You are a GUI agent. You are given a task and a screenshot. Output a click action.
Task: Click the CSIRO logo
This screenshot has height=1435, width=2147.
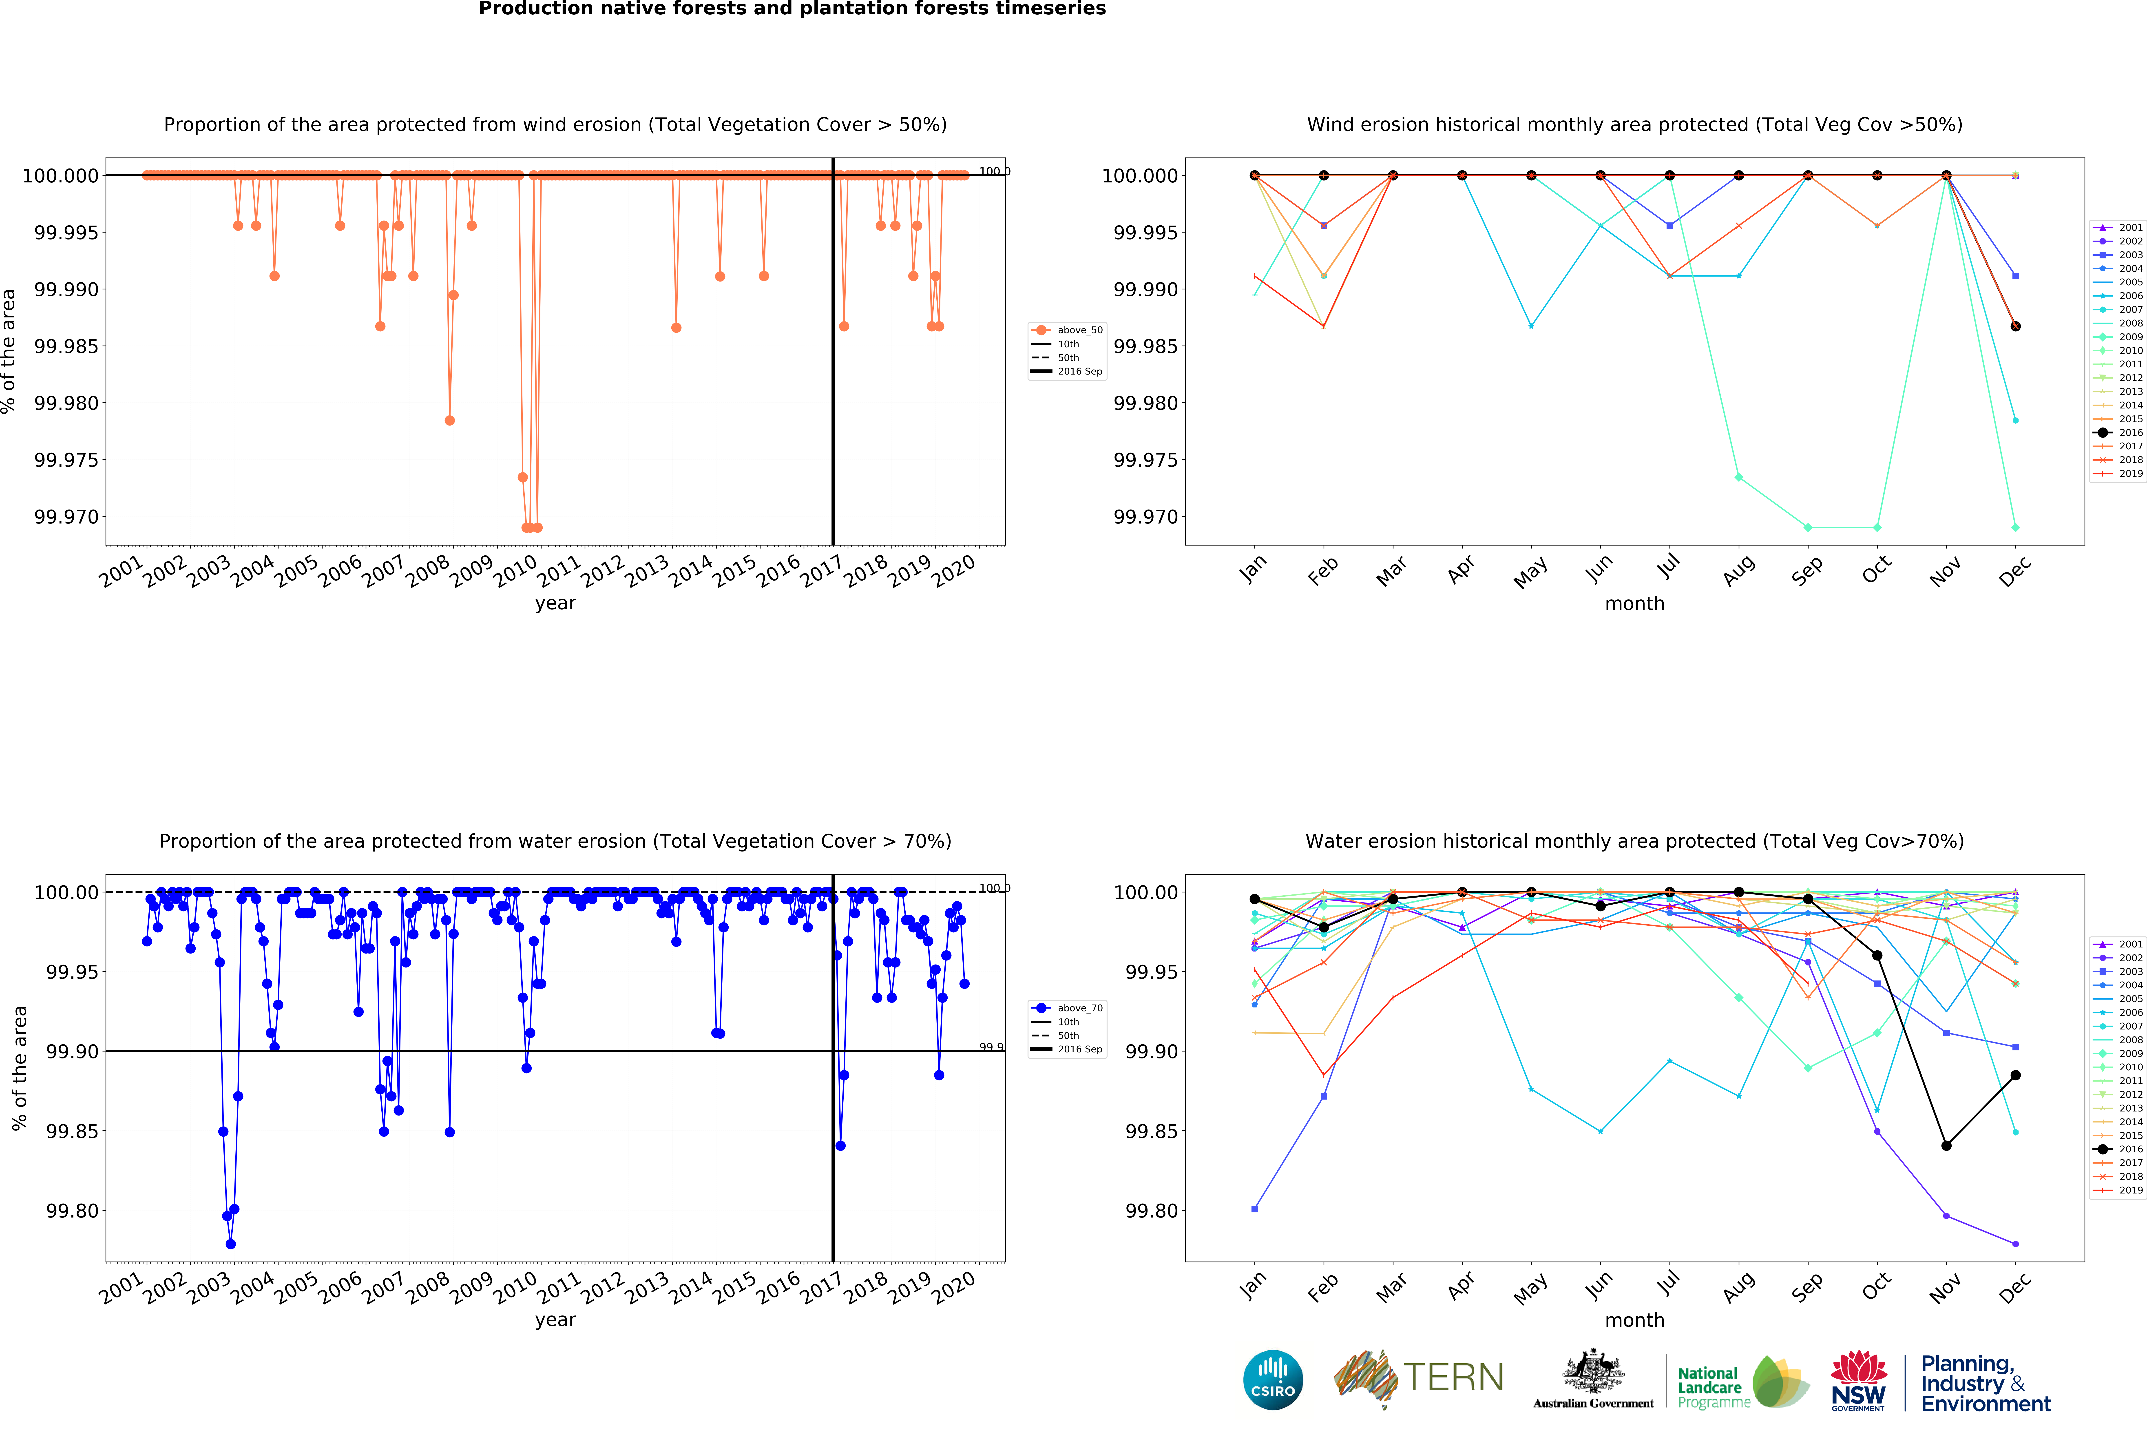pyautogui.click(x=1272, y=1379)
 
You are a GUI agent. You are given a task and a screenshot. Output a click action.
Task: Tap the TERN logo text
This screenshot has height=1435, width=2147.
pyautogui.click(x=1453, y=1377)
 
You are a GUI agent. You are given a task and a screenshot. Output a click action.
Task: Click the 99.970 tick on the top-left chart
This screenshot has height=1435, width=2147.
pyautogui.click(x=66, y=517)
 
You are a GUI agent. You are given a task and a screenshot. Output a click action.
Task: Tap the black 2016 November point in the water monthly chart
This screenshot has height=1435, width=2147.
pyautogui.click(x=1946, y=1146)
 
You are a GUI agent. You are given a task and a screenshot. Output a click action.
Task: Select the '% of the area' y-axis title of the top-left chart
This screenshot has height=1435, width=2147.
pyautogui.click(x=9, y=351)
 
